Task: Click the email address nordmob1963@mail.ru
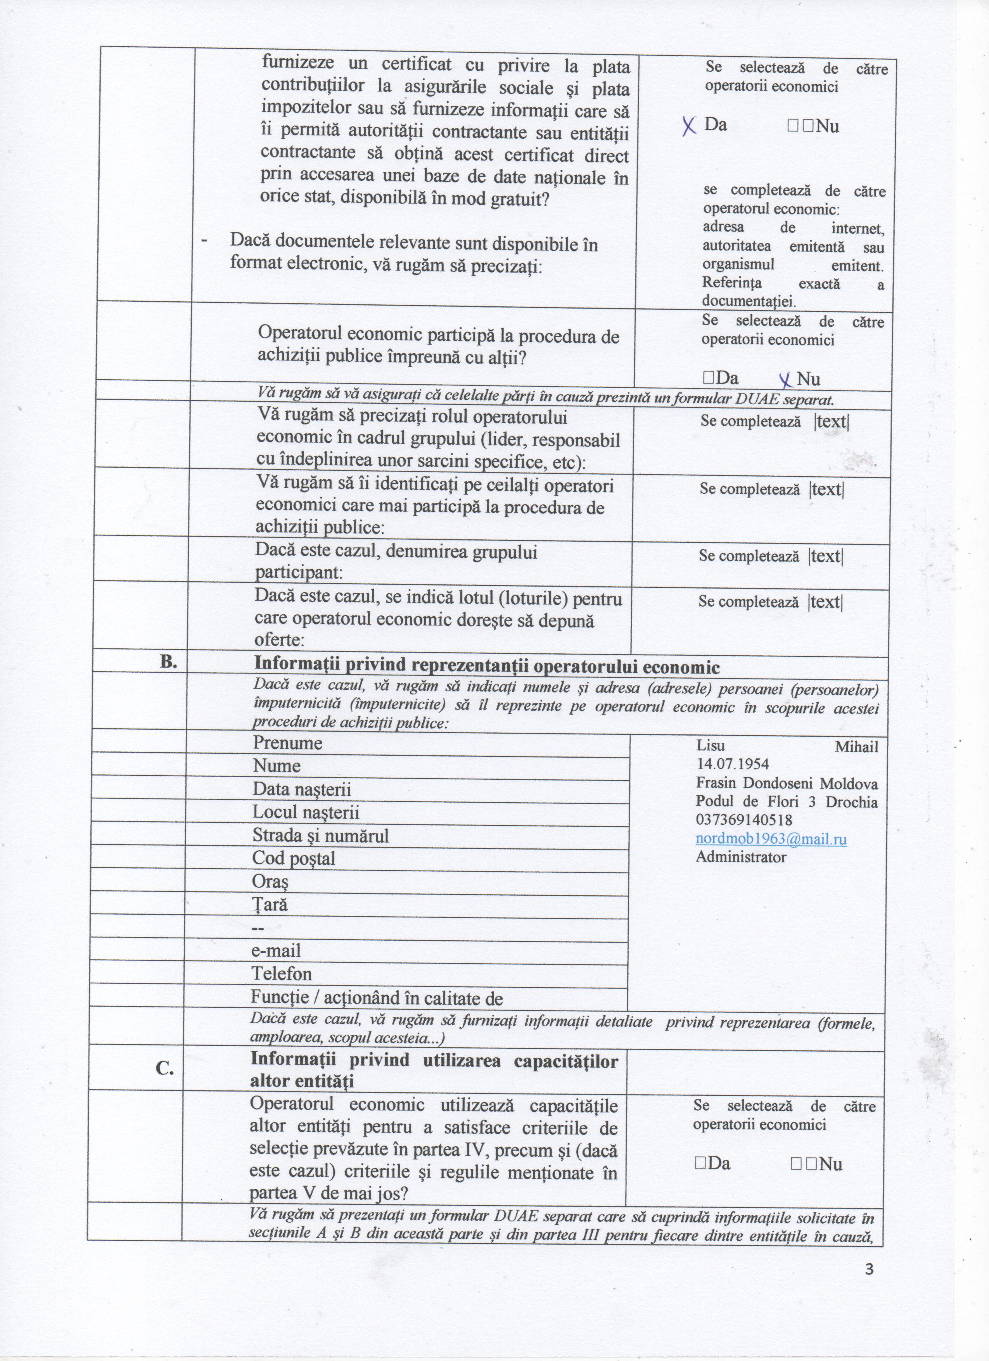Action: (771, 839)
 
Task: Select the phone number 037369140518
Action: (744, 820)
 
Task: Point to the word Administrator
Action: (740, 857)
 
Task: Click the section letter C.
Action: (165, 1069)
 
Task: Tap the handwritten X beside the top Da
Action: (690, 125)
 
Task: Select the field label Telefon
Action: (282, 973)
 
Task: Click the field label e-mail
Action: (276, 950)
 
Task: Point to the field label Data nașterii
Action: (301, 789)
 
